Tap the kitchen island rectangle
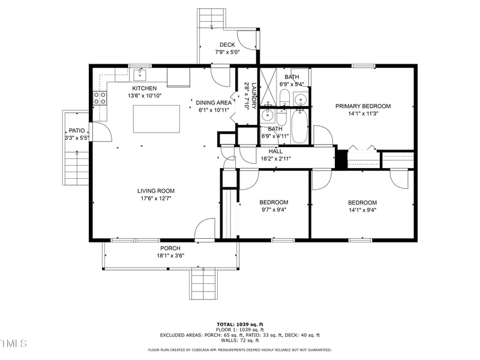pyautogui.click(x=156, y=118)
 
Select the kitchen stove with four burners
pyautogui.click(x=100, y=98)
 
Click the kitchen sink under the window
pyautogui.click(x=140, y=75)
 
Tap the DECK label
pyautogui.click(x=227, y=44)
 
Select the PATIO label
pyautogui.click(x=76, y=130)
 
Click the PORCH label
pyautogui.click(x=170, y=248)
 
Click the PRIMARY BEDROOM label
pyautogui.click(x=362, y=106)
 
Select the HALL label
pyautogui.click(x=275, y=151)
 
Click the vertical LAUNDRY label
pyautogui.click(x=254, y=95)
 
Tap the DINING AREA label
pyautogui.click(x=214, y=103)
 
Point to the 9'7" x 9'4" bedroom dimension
pyautogui.click(x=274, y=210)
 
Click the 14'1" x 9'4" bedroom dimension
pyautogui.click(x=362, y=210)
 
